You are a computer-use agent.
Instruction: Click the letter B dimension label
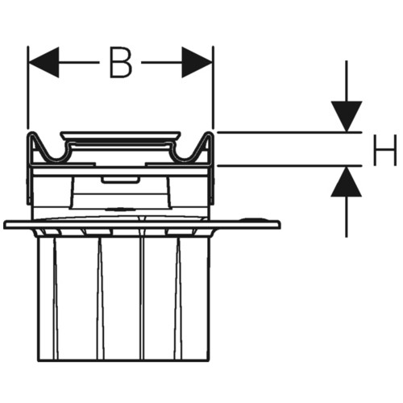[x=121, y=63]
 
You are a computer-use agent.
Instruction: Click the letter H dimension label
[x=385, y=150]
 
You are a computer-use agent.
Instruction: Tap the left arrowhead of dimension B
[x=44, y=63]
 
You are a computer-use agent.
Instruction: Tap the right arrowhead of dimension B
[x=197, y=63]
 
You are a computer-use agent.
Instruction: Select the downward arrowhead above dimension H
[x=347, y=117]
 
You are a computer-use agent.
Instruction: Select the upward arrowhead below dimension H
[x=346, y=182]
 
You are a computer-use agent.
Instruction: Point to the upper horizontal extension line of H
[x=289, y=132]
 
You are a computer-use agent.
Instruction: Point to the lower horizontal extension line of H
[x=289, y=166]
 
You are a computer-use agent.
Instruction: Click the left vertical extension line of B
[x=28, y=87]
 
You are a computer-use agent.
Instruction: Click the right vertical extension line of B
[x=214, y=87]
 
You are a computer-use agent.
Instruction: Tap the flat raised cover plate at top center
[x=120, y=135]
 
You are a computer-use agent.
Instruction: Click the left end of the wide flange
[x=5, y=225]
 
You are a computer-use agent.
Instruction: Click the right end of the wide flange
[x=280, y=225]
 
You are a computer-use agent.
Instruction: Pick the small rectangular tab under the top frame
[x=120, y=180]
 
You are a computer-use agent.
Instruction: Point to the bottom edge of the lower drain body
[x=123, y=360]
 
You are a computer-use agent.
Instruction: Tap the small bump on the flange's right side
[x=252, y=219]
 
